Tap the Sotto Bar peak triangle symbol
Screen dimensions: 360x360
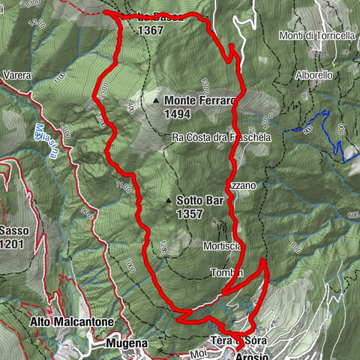(x=168, y=201)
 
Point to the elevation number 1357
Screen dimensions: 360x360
(x=190, y=214)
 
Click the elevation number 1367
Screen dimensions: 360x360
(x=151, y=31)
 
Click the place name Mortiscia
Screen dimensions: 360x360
(x=220, y=245)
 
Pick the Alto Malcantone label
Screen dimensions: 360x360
(x=72, y=322)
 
